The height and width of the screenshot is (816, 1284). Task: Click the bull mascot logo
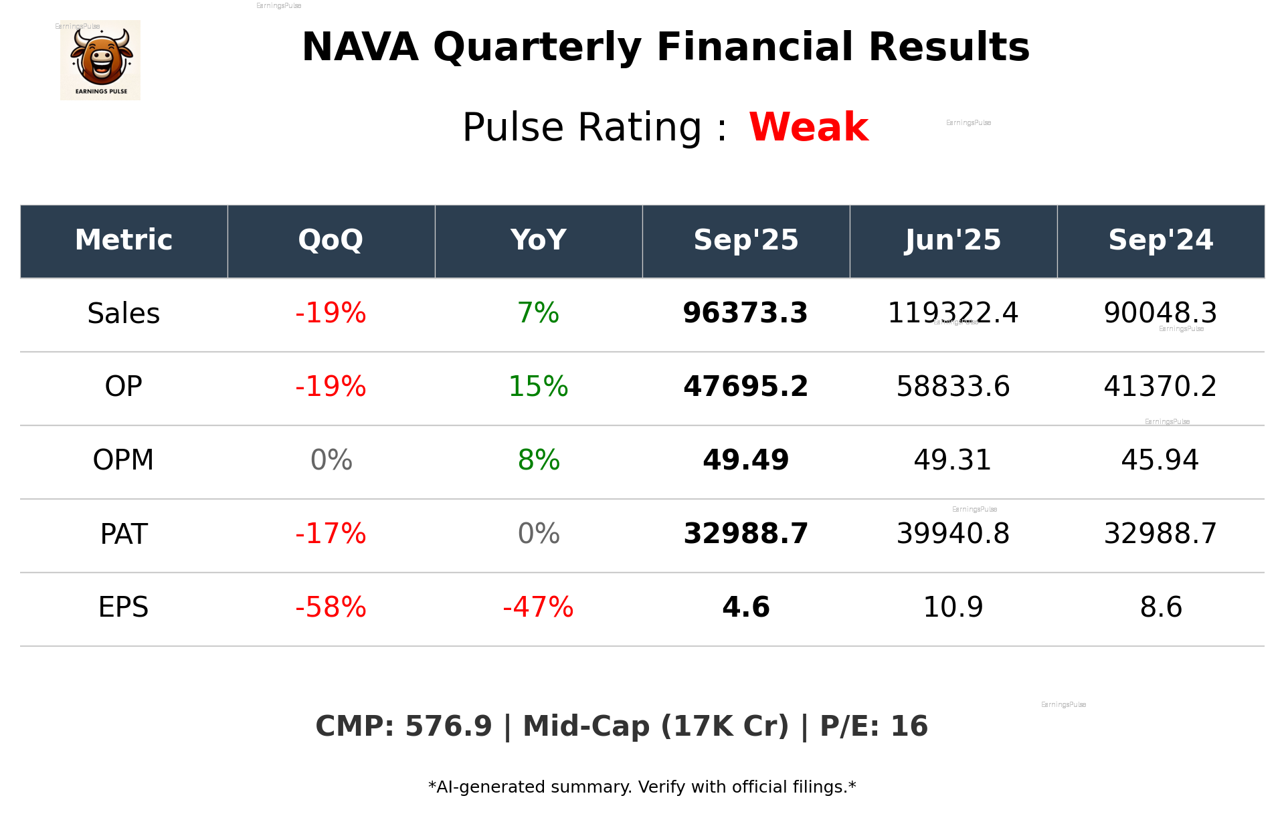click(100, 60)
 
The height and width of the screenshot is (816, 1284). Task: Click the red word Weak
click(808, 127)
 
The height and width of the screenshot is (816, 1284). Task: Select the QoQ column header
click(331, 240)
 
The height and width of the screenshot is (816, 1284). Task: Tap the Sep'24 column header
click(1160, 240)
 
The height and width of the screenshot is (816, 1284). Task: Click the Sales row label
click(124, 314)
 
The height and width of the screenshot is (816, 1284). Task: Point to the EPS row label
click(124, 607)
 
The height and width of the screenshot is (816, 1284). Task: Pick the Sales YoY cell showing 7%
click(538, 314)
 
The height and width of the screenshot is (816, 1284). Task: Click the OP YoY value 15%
click(538, 387)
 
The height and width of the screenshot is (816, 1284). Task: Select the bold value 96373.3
click(745, 314)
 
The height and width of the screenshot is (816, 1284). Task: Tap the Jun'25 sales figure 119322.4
click(953, 313)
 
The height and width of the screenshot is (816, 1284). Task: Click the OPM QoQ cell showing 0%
click(331, 460)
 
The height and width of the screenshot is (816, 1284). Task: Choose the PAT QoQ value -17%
click(331, 534)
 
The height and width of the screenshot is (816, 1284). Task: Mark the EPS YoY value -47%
click(538, 607)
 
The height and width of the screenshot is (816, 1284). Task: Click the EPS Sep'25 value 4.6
click(745, 607)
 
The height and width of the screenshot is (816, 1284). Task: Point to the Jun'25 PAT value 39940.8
click(953, 534)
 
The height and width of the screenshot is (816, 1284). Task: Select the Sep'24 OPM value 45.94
click(1160, 460)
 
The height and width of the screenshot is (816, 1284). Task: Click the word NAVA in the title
click(360, 47)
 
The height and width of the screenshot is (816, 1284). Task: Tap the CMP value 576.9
click(448, 726)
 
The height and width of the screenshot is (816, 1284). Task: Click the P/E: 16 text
click(874, 726)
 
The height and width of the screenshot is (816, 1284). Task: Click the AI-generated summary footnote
click(642, 787)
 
